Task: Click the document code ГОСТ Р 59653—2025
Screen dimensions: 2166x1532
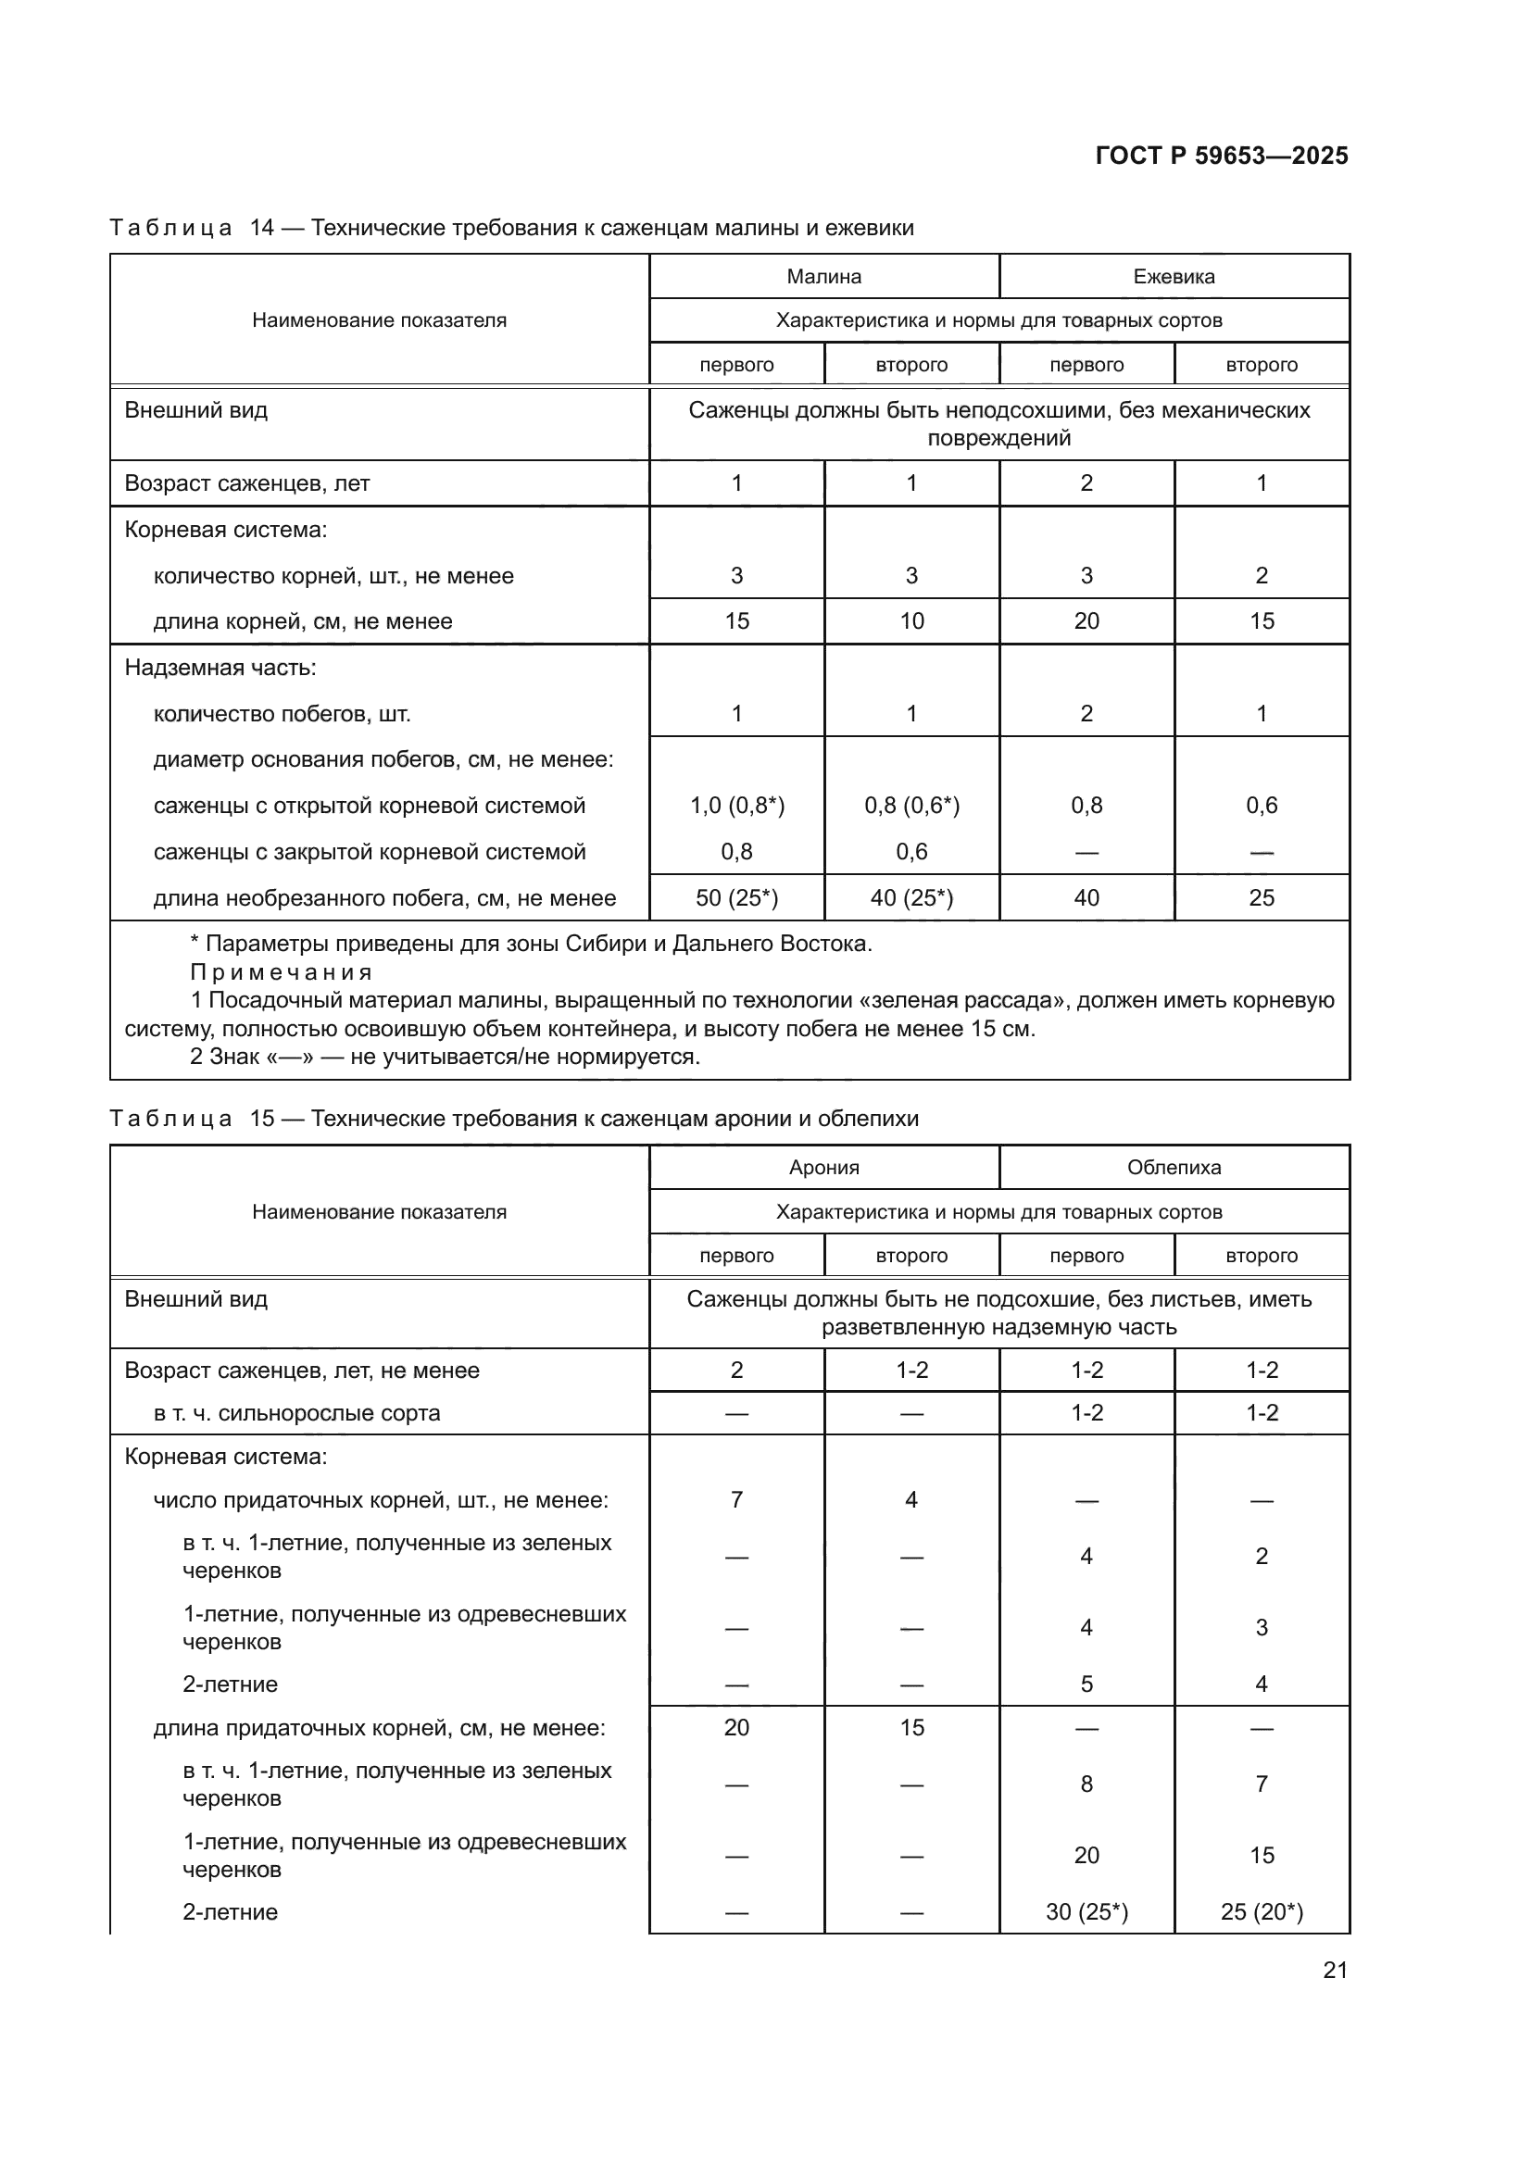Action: tap(1221, 156)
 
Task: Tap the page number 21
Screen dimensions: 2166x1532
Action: tap(1335, 1970)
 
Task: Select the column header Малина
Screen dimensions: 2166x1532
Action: tap(823, 276)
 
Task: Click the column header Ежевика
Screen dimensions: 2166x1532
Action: tap(1174, 276)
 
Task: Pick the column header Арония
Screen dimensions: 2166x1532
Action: tap(823, 1167)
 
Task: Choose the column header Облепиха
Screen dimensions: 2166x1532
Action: tap(1174, 1167)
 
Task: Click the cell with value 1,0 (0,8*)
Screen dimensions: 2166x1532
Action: tap(736, 806)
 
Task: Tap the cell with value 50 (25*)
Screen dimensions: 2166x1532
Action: tap(736, 898)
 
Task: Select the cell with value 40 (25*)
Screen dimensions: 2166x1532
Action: tap(911, 898)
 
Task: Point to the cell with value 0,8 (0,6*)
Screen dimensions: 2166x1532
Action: tap(911, 806)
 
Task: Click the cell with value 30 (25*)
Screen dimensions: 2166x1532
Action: tap(1086, 1912)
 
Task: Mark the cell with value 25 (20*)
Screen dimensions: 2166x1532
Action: tap(1262, 1912)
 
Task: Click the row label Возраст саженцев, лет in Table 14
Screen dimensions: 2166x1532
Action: tap(247, 483)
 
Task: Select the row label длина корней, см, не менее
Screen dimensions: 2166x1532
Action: tap(303, 621)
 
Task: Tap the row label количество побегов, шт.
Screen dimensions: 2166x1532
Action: tap(283, 714)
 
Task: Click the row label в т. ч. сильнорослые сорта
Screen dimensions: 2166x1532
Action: tap(296, 1413)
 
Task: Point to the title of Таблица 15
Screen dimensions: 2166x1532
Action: tap(513, 1119)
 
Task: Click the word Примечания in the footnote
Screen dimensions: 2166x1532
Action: tap(282, 972)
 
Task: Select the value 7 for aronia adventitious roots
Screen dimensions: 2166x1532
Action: tap(736, 1500)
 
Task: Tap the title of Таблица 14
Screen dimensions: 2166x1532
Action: tap(511, 229)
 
